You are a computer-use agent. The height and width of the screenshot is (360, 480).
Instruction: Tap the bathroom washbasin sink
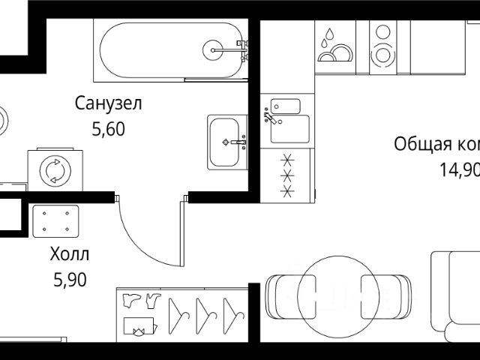[227, 141]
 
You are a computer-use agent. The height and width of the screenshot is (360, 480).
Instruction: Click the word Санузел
[108, 103]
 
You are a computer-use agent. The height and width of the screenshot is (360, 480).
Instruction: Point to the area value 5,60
[108, 129]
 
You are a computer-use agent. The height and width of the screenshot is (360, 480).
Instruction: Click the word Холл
[68, 253]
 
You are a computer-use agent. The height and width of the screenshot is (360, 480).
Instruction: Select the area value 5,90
[70, 280]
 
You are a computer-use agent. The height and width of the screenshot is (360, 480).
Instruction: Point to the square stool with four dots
[55, 220]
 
